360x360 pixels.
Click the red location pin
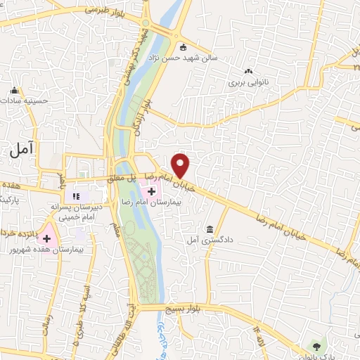click(181, 165)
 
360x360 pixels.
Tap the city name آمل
click(22, 148)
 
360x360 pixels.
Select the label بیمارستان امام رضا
click(176, 201)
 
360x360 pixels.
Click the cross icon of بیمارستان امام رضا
click(152, 191)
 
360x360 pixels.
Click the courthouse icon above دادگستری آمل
click(210, 229)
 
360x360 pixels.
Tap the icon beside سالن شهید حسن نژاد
click(184, 48)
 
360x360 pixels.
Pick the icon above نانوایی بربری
click(247, 71)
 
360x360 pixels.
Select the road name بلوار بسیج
click(184, 309)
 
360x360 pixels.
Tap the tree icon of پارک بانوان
click(317, 346)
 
